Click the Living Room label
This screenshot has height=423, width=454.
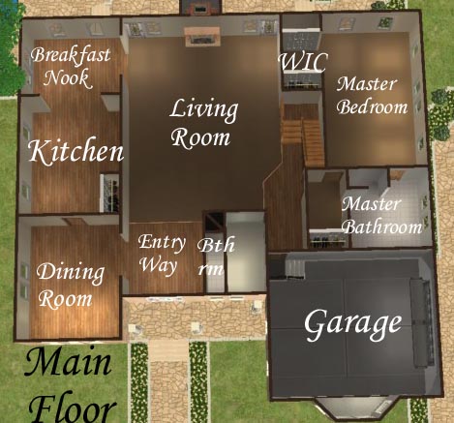click(204, 123)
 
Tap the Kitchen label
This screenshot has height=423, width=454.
click(76, 151)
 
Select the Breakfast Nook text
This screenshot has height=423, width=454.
click(71, 67)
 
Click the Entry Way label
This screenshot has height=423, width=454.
click(162, 255)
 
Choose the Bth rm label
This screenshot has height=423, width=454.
click(216, 257)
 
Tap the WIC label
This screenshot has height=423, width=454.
click(303, 62)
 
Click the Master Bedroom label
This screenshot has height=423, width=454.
click(372, 96)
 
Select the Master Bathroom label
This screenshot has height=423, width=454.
click(381, 216)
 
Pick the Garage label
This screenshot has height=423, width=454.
click(353, 324)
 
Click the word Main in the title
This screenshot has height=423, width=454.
click(68, 364)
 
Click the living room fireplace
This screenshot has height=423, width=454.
click(202, 37)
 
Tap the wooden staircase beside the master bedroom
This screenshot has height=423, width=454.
click(303, 136)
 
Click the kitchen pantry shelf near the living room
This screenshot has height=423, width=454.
click(109, 193)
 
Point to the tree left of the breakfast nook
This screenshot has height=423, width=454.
click(12, 48)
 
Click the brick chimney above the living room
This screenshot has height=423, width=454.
click(200, 7)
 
